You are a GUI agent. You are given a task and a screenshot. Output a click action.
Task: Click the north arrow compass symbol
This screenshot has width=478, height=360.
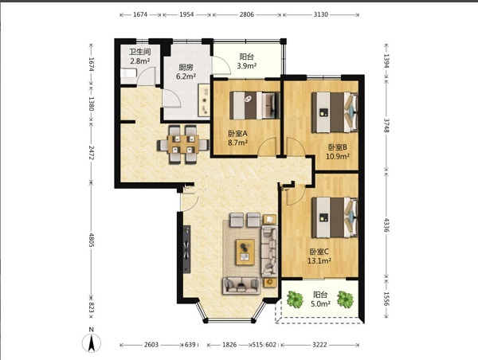(91, 342)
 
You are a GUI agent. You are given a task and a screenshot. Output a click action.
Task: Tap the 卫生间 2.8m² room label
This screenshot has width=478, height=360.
(140, 57)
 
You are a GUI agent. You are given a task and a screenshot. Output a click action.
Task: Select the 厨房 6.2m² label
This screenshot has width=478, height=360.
(186, 72)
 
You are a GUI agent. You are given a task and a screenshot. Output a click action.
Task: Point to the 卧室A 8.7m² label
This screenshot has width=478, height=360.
(237, 138)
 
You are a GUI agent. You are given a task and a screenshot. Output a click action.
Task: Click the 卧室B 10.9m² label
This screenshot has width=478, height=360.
(338, 152)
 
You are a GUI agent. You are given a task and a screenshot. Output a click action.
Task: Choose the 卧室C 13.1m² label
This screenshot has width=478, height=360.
(319, 256)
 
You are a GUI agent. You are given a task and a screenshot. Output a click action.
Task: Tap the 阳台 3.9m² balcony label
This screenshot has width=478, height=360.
(247, 61)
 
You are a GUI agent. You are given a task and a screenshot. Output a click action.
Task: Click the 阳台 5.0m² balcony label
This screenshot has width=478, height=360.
(321, 299)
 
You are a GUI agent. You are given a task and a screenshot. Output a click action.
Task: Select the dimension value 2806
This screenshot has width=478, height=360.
(247, 14)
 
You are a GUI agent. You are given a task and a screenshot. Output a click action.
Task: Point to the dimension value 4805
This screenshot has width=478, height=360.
(91, 241)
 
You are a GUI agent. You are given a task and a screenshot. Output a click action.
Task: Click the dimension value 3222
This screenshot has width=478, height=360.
(319, 345)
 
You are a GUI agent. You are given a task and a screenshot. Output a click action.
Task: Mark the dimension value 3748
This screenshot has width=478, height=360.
(386, 125)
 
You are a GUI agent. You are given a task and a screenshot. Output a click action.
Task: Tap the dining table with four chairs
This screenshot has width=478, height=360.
(183, 144)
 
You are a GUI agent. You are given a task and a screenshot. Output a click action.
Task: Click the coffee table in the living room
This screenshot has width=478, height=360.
(245, 252)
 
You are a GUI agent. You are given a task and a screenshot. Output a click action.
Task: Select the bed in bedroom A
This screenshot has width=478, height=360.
(255, 105)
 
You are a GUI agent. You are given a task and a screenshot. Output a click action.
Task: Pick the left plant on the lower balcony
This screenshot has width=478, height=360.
(295, 299)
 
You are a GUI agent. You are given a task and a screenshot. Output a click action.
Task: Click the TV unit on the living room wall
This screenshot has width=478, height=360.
(187, 249)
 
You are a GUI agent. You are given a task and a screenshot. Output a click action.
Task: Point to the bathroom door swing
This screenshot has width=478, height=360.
(146, 76)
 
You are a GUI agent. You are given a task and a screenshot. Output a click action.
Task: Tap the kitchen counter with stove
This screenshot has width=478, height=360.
(204, 100)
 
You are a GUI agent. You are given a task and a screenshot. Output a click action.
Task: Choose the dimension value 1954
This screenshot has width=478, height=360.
(186, 14)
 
